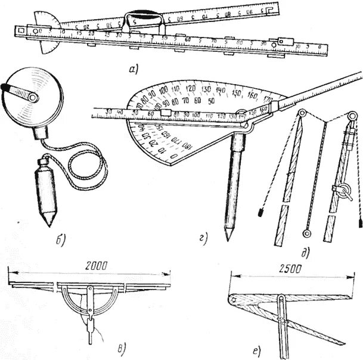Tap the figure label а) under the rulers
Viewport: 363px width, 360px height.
pyautogui.click(x=133, y=70)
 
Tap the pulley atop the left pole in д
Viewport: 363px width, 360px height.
pyautogui.click(x=302, y=115)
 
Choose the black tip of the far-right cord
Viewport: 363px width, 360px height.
pyautogui.click(x=359, y=220)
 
